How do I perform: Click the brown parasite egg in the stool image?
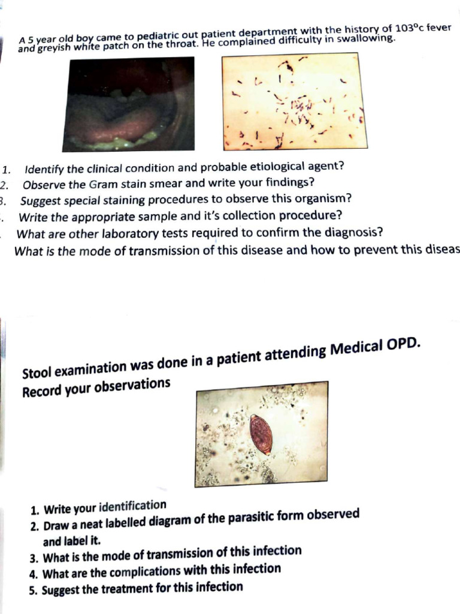(261, 434)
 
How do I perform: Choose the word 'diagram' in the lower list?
(173, 520)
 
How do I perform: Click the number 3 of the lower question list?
(34, 556)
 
